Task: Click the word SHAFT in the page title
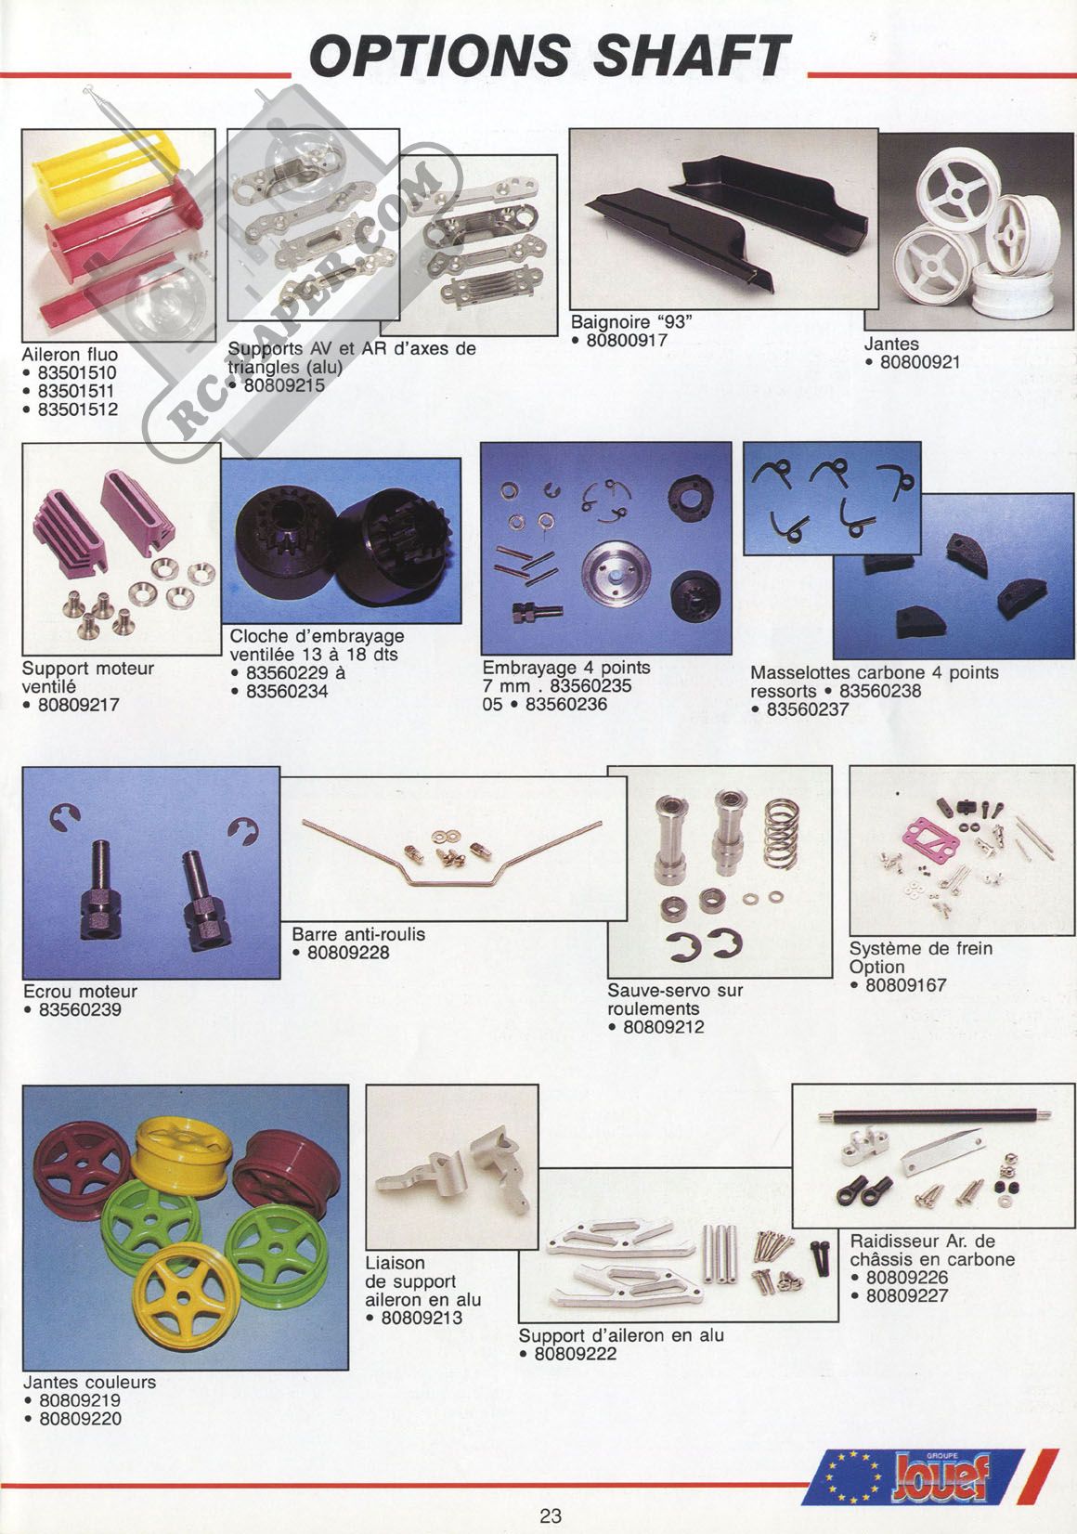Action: click(x=692, y=55)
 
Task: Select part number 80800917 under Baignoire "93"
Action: click(x=627, y=341)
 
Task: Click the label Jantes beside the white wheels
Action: click(x=890, y=344)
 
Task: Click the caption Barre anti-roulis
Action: click(x=358, y=934)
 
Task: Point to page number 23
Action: click(x=550, y=1516)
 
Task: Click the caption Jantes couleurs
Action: click(x=90, y=1382)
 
